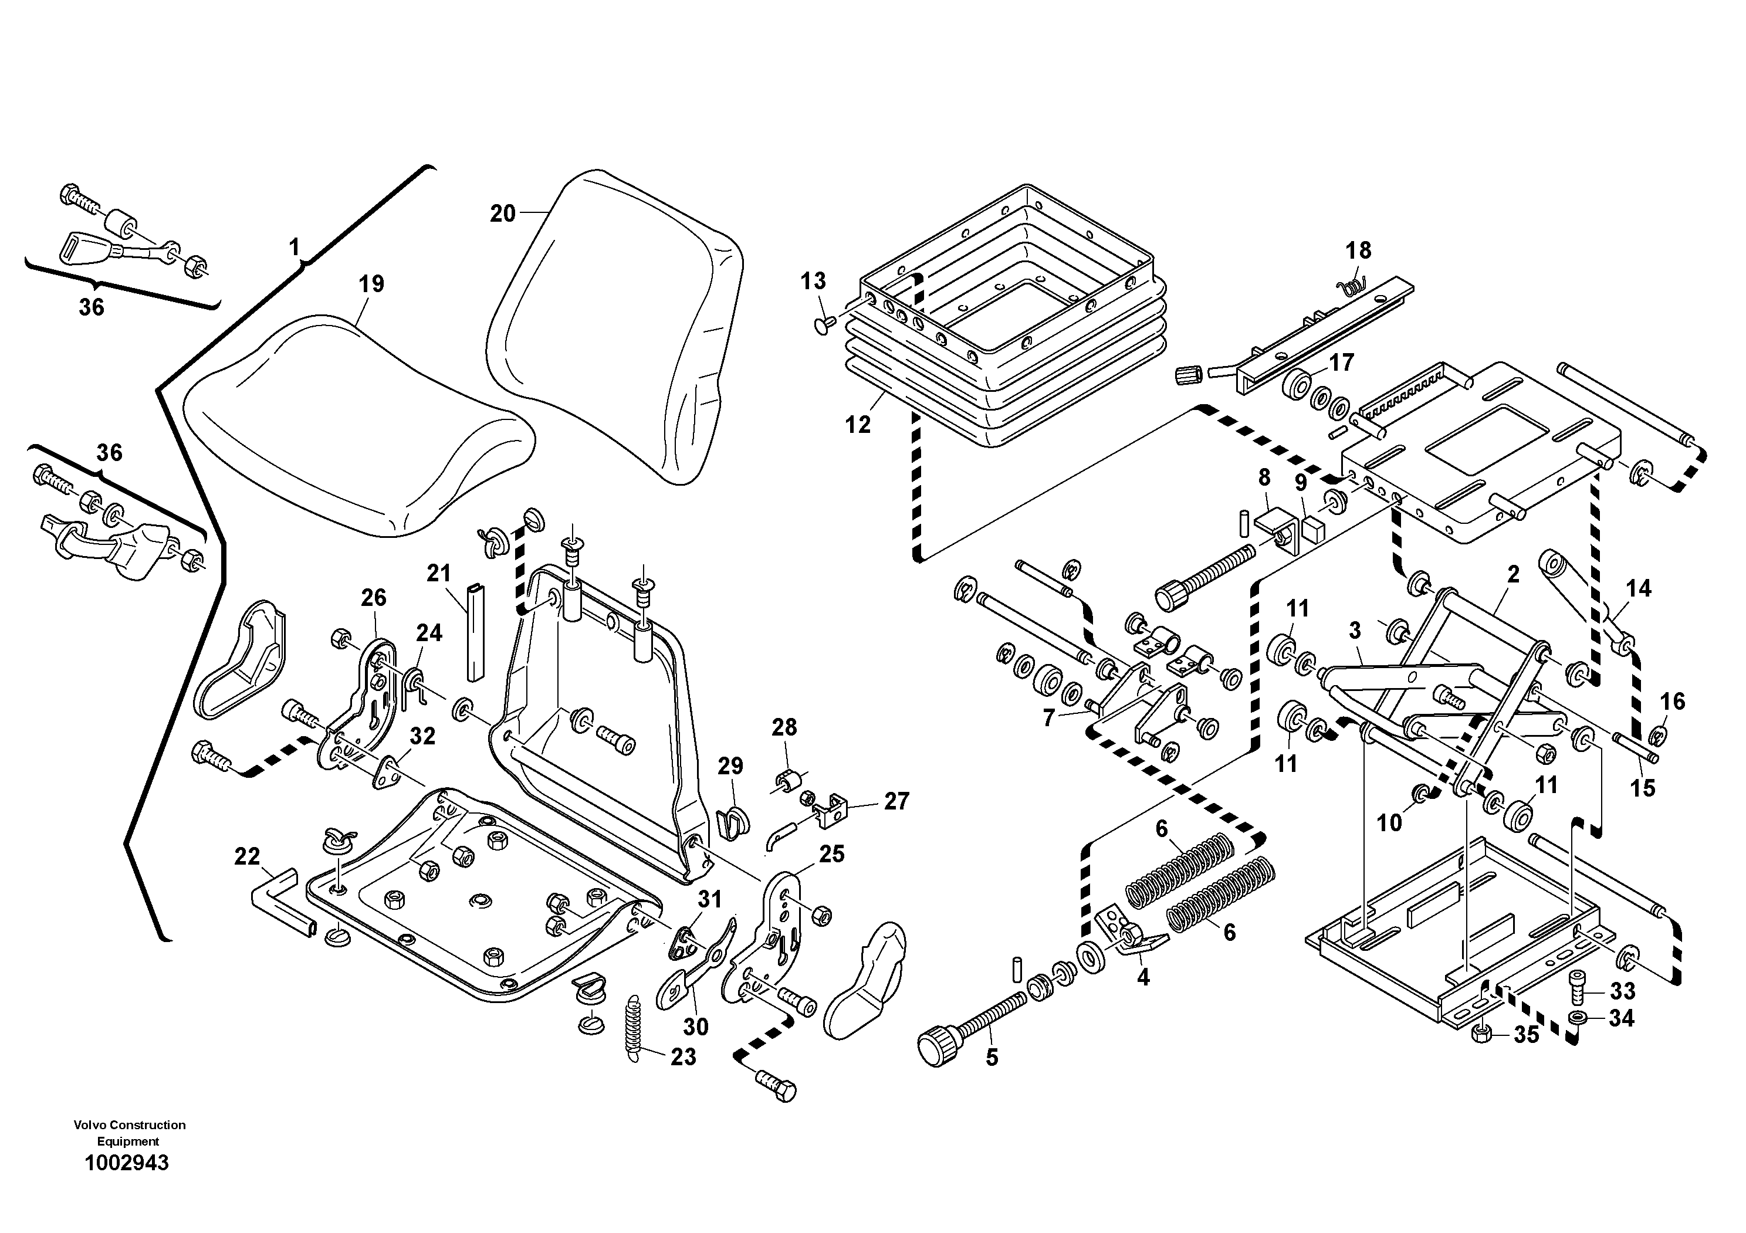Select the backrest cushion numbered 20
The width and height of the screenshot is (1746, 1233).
[x=616, y=319]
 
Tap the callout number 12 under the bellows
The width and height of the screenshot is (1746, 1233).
[x=858, y=425]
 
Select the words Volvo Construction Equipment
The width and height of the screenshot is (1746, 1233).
[x=129, y=1133]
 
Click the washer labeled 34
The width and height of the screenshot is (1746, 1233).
[x=1577, y=1018]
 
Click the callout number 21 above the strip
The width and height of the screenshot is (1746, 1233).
[x=439, y=573]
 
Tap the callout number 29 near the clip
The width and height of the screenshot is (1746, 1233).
[x=731, y=765]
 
